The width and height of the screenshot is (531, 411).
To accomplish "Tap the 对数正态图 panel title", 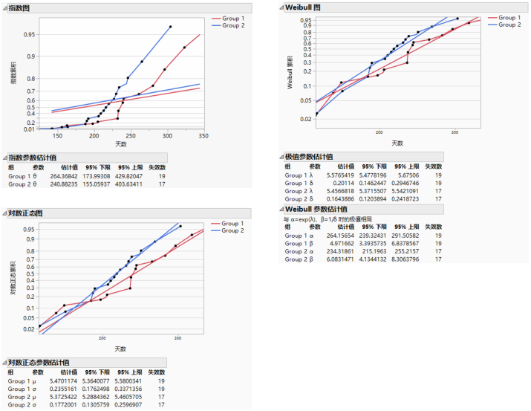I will click(x=27, y=213).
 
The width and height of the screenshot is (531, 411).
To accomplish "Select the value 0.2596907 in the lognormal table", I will click(x=126, y=405).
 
